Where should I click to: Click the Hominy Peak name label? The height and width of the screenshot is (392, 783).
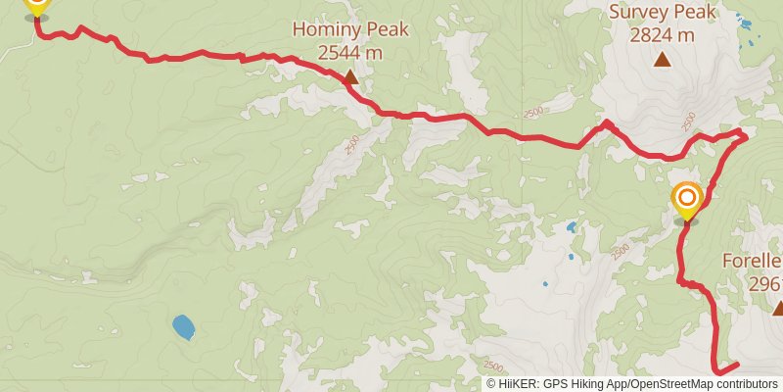pyautogui.click(x=350, y=29)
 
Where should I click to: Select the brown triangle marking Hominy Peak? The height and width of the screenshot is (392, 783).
pyautogui.click(x=349, y=75)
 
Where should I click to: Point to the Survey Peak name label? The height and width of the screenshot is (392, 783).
pyautogui.click(x=663, y=13)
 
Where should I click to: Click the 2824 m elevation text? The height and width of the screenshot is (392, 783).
pyautogui.click(x=663, y=34)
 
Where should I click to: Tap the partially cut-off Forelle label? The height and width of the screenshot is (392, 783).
pyautogui.click(x=753, y=262)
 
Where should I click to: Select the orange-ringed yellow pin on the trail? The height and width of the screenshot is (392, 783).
pyautogui.click(x=687, y=202)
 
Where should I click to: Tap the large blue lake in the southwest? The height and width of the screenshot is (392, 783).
pyautogui.click(x=182, y=326)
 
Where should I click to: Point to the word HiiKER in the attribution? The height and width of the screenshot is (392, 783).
pyautogui.click(x=515, y=384)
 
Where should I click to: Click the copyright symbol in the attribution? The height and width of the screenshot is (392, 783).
pyautogui.click(x=491, y=384)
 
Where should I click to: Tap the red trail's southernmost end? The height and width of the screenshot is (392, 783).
pyautogui.click(x=719, y=371)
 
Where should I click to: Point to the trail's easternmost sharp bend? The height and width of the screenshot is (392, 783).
pyautogui.click(x=746, y=136)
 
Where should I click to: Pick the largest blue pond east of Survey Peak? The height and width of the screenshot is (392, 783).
pyautogui.click(x=746, y=24)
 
